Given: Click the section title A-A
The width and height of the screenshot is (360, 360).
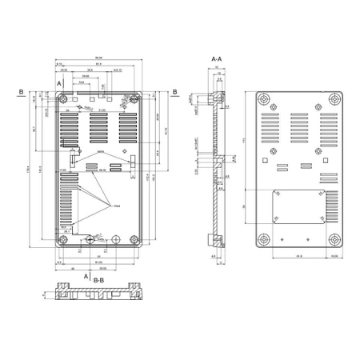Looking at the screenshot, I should coord(216,59).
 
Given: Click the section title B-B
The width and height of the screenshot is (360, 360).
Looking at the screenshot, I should coord(98,281).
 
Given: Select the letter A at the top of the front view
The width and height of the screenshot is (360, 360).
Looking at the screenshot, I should coord(59,83).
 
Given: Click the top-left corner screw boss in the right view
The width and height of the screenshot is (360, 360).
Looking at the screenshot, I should coord(266,101).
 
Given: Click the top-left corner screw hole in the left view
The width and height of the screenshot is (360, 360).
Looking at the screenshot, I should coord(64,102).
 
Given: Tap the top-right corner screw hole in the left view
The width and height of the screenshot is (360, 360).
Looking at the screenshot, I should coord(132,102).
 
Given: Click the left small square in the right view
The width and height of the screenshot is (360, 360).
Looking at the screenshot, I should coord(282,168).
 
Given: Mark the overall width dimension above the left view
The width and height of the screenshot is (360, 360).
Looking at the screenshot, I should coord(98,58).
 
